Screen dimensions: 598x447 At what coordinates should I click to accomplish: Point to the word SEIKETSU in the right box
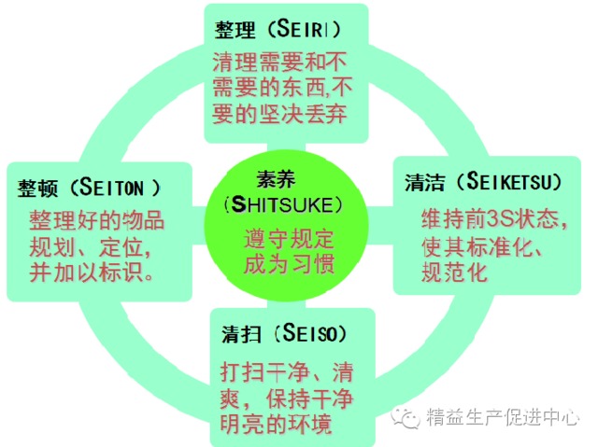[510, 181]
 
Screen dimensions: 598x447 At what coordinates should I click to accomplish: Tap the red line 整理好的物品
[97, 221]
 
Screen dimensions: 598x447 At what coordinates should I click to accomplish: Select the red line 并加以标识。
[93, 277]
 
